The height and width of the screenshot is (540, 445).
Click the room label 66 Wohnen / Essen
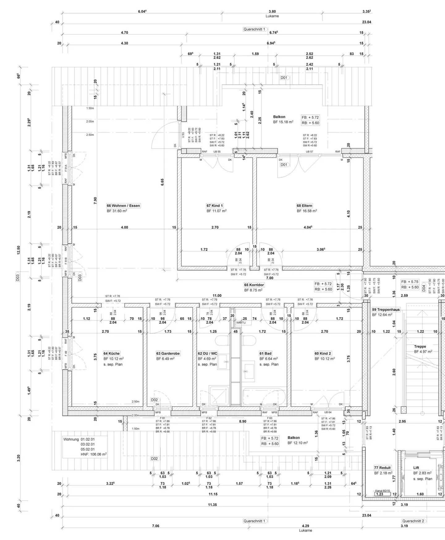123,205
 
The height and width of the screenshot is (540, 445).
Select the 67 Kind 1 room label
215,205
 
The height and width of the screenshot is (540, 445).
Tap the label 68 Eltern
305,205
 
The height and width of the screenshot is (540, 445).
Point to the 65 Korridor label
254,285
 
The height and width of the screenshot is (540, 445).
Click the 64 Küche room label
112,353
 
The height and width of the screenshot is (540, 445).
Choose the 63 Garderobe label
168,353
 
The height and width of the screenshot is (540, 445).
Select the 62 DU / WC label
208,353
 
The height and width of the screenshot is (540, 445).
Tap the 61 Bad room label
266,353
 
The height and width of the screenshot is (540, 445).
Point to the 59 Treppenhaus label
386,309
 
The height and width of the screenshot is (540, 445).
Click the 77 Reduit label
383,468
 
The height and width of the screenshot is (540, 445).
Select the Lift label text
416,468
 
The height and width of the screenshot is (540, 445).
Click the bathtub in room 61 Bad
263,396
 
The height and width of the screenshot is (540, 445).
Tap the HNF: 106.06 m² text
94,454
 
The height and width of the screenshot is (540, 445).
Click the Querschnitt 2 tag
413,521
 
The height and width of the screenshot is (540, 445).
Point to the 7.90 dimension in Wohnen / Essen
95,201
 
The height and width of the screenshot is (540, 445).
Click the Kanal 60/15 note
383,490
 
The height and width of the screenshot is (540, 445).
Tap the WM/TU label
241,323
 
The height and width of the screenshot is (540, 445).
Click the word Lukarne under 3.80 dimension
272,16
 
